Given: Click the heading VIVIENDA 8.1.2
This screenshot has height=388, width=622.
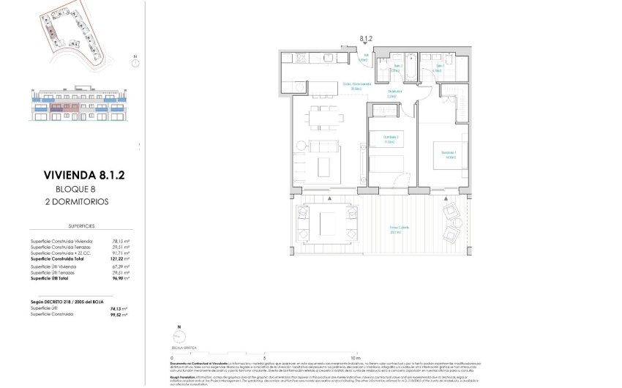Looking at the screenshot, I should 85,175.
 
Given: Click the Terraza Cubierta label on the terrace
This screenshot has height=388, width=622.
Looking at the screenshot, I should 399,229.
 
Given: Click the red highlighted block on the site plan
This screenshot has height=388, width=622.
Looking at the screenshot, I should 51,31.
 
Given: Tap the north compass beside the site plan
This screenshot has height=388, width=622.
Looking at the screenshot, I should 135,60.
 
